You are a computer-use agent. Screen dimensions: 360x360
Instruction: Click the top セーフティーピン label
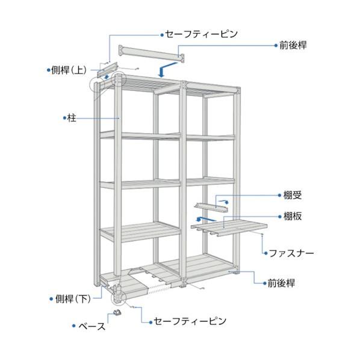coord(201,34)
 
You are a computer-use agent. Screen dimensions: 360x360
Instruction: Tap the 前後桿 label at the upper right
coord(293,45)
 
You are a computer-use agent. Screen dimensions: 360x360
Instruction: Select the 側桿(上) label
coord(69,70)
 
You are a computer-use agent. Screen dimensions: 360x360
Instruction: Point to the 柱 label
coord(72,118)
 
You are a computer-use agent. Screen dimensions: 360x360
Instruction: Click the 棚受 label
coord(292,195)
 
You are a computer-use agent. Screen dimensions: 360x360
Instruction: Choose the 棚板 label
coord(292,216)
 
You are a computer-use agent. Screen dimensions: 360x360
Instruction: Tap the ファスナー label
coord(291,253)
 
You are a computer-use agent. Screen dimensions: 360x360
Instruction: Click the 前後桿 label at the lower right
coord(281,283)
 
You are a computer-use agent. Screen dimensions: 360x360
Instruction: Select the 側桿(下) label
coord(73,299)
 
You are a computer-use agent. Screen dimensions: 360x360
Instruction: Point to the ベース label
coord(92,326)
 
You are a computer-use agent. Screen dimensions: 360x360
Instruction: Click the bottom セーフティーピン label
coord(190,321)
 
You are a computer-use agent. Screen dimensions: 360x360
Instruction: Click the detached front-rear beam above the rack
coord(151,54)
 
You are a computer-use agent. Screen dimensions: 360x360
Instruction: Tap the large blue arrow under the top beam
coord(166,69)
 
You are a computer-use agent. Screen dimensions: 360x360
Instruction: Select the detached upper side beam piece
coord(107,69)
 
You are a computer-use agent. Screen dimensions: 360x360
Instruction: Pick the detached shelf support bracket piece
coord(211,207)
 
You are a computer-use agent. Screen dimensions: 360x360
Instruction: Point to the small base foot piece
coord(117,312)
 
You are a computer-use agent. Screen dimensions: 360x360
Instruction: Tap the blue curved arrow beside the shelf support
coord(224,201)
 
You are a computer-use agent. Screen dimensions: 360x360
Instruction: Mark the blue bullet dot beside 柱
coord(64,118)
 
